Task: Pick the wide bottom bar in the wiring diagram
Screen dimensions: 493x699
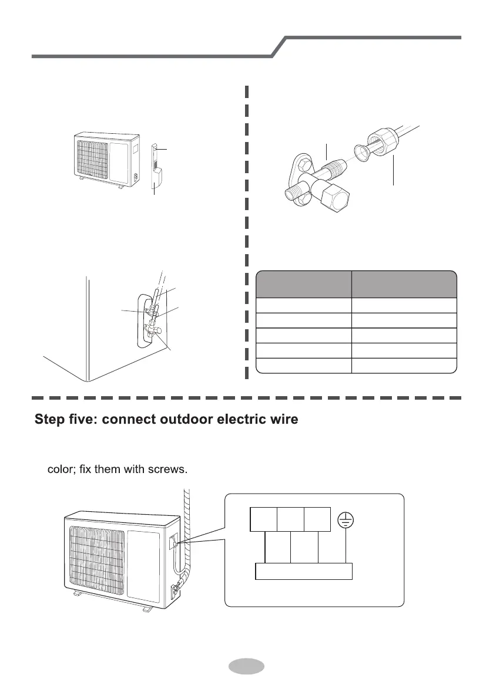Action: tap(304, 571)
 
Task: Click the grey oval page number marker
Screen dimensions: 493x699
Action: tap(246, 667)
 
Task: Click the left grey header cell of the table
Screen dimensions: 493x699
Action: tap(303, 284)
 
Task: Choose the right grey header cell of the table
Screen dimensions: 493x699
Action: tap(404, 284)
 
